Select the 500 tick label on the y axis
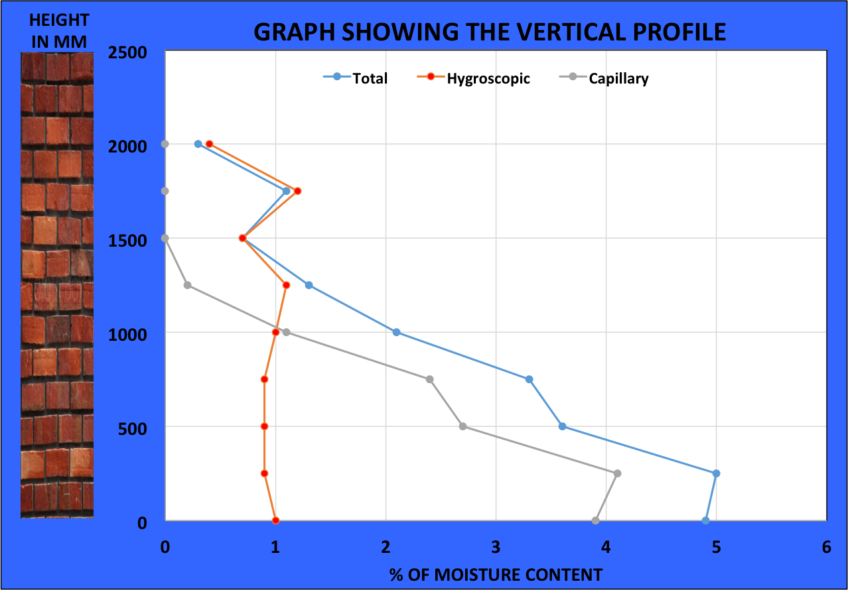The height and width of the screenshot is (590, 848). tap(133, 428)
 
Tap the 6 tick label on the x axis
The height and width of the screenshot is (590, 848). tap(826, 547)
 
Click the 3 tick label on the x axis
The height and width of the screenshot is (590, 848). tap(496, 547)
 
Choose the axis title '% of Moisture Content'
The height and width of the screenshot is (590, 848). tap(496, 574)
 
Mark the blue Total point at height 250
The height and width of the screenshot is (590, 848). tap(716, 473)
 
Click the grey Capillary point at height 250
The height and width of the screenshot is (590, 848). tap(617, 473)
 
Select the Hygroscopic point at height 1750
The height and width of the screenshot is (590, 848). tap(298, 191)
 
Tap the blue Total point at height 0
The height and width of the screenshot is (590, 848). tap(705, 520)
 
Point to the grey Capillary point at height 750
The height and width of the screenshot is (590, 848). tap(429, 379)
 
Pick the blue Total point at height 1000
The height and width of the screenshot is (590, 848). tap(396, 332)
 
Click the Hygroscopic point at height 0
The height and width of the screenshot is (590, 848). tap(275, 520)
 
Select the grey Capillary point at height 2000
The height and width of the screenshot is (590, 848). tap(165, 144)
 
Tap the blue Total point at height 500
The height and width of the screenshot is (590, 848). tap(562, 426)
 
